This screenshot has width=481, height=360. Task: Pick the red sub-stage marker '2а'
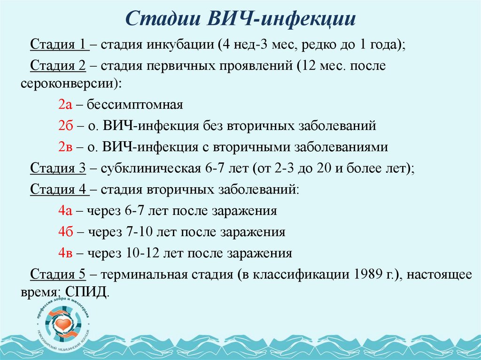(65, 105)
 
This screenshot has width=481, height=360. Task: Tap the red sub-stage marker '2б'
(65, 126)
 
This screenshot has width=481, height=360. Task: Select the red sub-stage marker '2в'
(65, 147)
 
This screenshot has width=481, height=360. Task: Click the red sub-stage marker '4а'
(65, 211)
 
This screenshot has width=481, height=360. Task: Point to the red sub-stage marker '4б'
(65, 232)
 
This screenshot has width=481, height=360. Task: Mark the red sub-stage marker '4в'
(65, 253)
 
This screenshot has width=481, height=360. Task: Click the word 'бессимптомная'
(134, 105)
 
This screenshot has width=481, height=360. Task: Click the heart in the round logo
(62, 323)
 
